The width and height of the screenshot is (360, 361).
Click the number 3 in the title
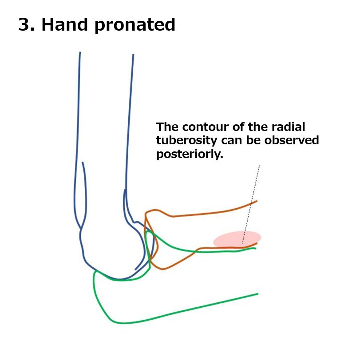(x=24, y=24)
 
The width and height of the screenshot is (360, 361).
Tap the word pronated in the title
(x=135, y=26)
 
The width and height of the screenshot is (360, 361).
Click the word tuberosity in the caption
(x=186, y=141)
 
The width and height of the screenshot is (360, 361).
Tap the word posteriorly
(x=190, y=154)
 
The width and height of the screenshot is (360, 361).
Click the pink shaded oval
(x=237, y=239)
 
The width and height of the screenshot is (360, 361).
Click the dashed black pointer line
(x=251, y=204)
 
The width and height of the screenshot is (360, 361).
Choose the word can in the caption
(x=231, y=141)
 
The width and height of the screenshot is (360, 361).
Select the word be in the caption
(x=253, y=140)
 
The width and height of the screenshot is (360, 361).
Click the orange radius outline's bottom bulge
(x=162, y=269)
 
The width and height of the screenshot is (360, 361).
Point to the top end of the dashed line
(x=259, y=165)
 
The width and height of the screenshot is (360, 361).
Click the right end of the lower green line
(x=258, y=294)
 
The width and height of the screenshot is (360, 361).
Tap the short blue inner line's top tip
(x=83, y=162)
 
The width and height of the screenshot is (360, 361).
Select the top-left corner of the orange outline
(x=146, y=213)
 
